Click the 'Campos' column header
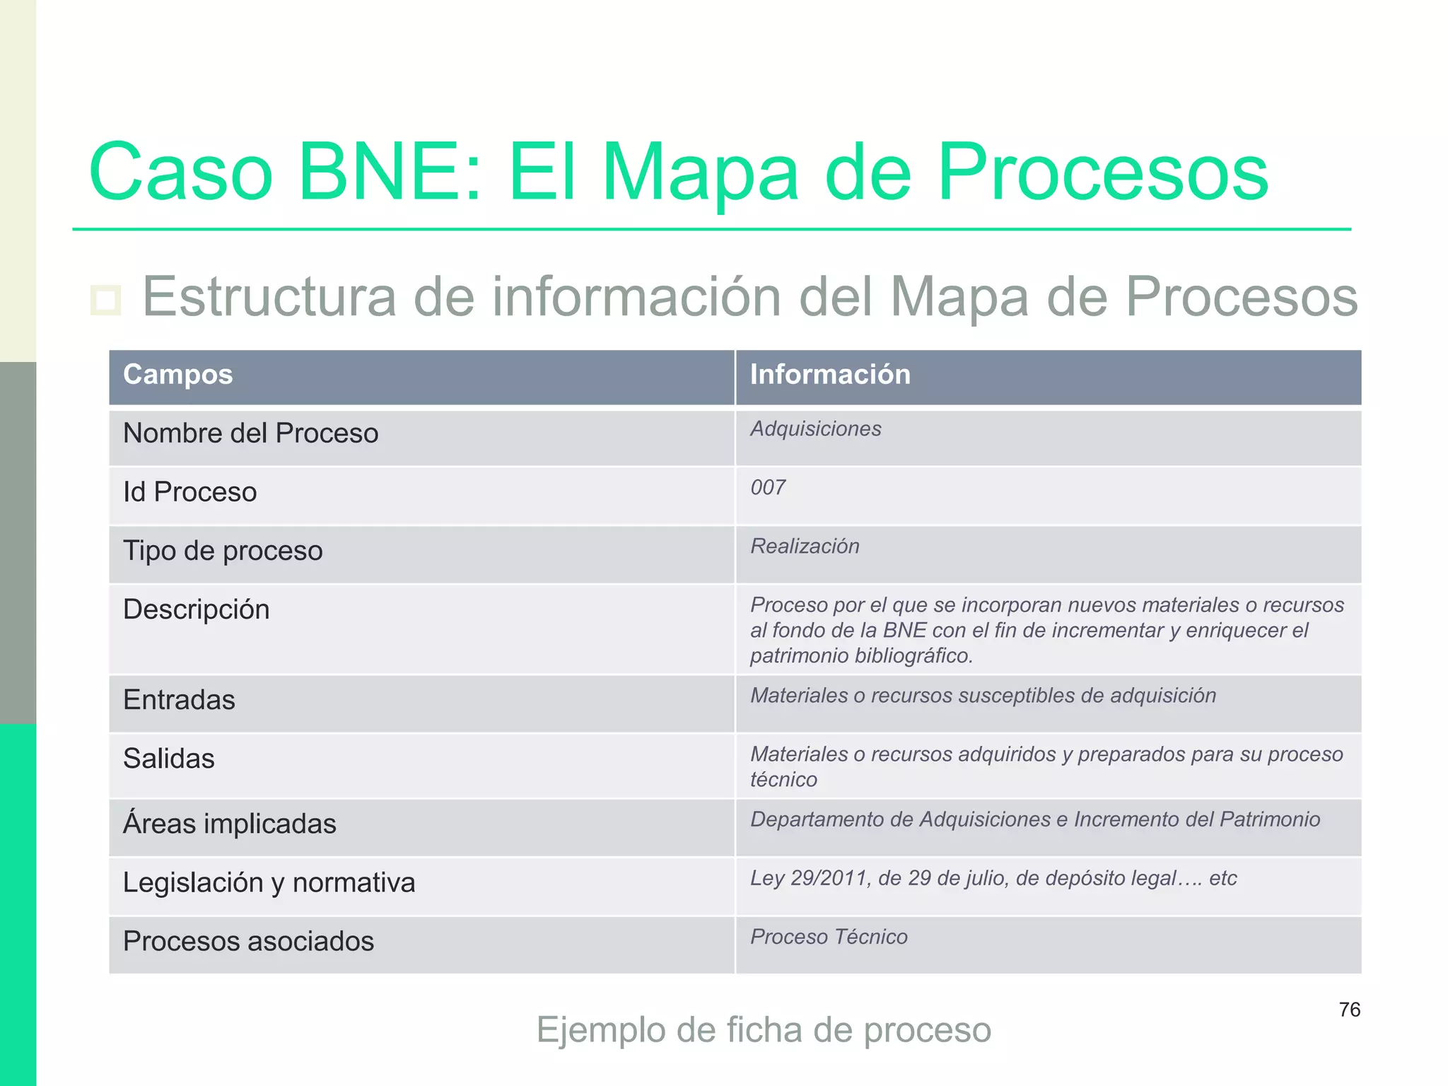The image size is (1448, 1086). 177,375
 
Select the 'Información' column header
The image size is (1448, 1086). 830,375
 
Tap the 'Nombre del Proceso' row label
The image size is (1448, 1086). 250,433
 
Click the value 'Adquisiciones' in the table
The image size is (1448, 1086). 816,429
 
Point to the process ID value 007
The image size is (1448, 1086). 768,488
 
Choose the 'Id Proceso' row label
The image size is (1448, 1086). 189,492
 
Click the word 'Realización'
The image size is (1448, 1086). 805,547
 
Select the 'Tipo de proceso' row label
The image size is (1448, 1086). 223,551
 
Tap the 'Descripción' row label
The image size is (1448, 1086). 196,609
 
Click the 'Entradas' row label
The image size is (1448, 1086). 179,700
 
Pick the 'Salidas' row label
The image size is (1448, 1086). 168,759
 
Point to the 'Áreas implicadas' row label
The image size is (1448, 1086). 229,824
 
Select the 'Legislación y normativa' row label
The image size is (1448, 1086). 269,883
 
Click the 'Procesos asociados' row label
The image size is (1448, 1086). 248,942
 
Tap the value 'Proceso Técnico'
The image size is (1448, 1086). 829,938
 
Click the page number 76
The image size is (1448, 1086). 1349,1010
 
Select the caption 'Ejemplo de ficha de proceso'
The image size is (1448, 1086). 764,1030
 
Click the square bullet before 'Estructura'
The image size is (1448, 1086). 106,300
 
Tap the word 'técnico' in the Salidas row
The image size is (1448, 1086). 783,780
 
